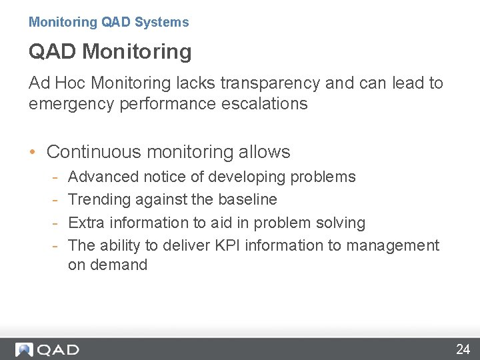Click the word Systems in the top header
click(x=161, y=22)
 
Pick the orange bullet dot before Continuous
click(x=33, y=152)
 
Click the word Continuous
click(x=93, y=152)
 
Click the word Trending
click(x=99, y=199)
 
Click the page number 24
click(x=463, y=349)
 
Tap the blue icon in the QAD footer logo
click(x=25, y=349)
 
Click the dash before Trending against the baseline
click(x=57, y=199)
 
